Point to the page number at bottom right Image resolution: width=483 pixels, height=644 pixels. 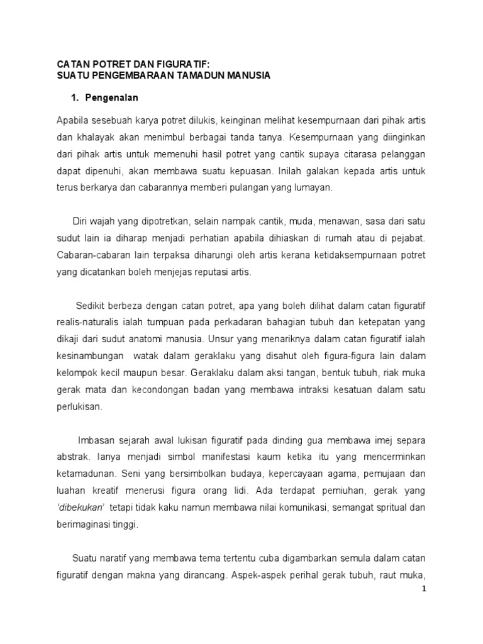[424, 589]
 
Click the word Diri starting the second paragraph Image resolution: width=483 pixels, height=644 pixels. [82, 221]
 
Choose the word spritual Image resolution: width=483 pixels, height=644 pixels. [378, 507]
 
